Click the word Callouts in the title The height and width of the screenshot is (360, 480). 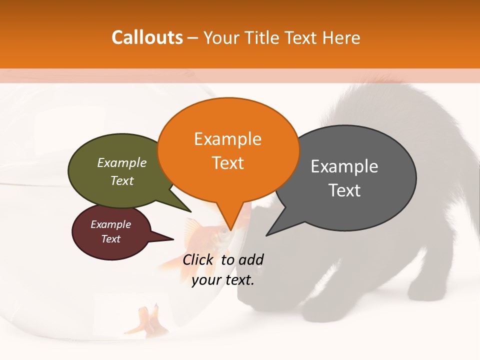tap(147, 37)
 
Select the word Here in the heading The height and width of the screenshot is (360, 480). tap(341, 37)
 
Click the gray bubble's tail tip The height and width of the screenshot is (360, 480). tap(266, 235)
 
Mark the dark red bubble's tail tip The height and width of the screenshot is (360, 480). tap(173, 239)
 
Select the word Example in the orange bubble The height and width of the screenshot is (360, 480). tap(228, 139)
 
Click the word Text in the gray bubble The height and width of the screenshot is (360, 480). tap(344, 190)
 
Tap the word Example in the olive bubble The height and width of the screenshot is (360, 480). tap(122, 163)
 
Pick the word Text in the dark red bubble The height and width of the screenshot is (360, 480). tap(111, 239)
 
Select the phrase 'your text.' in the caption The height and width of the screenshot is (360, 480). tap(223, 280)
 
